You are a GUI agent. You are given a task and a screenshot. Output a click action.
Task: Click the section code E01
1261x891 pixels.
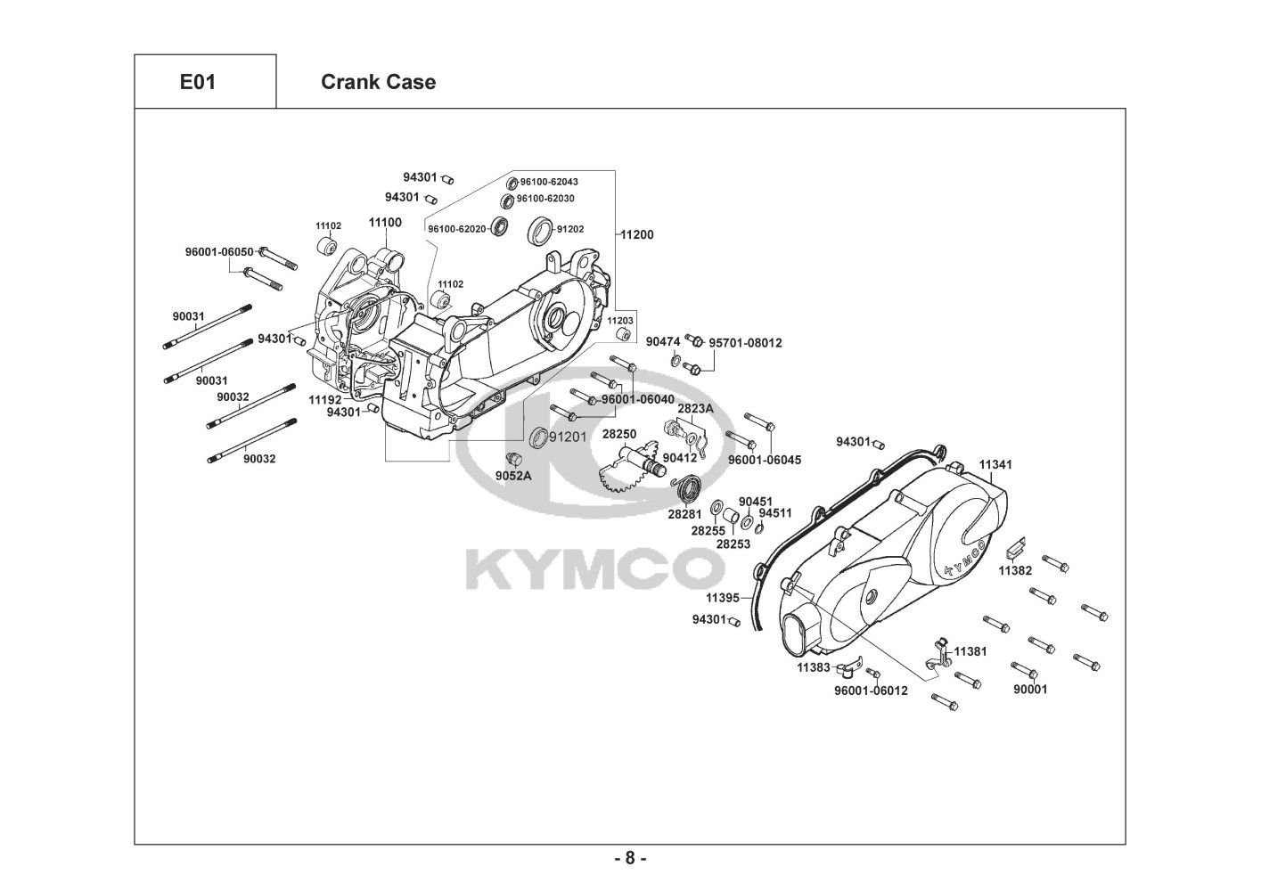point(198,82)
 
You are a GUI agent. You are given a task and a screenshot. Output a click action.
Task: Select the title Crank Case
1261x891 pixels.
point(378,82)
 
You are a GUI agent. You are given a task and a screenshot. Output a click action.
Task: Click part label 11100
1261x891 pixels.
point(385,223)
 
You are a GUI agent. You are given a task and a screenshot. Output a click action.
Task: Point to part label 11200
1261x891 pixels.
point(637,234)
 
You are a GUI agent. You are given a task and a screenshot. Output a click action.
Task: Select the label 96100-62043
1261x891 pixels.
point(549,182)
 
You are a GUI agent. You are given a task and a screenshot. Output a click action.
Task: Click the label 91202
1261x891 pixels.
point(570,229)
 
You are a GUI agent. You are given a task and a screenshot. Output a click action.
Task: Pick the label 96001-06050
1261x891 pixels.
point(219,251)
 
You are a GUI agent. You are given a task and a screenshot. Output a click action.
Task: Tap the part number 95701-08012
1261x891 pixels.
point(745,343)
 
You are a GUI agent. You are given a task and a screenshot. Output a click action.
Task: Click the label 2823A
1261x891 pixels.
point(695,409)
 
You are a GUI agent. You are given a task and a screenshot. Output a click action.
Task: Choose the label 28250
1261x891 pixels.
point(619,434)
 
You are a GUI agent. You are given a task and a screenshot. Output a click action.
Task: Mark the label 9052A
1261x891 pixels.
point(513,476)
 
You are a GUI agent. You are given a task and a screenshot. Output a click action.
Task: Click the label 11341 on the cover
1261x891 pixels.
point(995,464)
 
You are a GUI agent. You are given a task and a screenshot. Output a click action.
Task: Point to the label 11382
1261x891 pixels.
point(1016,571)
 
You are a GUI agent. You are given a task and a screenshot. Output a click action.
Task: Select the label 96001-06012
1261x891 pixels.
point(871,691)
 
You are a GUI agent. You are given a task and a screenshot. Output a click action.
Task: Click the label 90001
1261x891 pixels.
point(1030,689)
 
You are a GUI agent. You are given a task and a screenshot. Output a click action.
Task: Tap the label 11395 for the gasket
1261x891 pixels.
point(723,598)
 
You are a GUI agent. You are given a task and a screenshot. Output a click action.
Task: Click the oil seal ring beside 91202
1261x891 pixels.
point(540,230)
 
